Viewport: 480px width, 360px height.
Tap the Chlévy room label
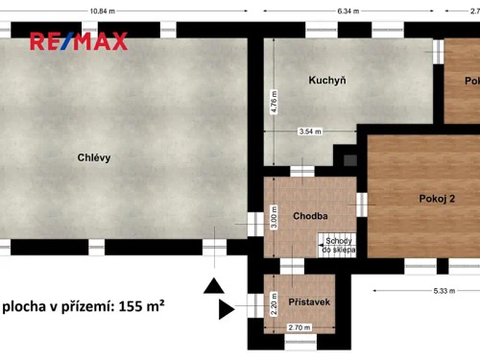(94, 158)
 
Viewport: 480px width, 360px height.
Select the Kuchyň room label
(326, 81)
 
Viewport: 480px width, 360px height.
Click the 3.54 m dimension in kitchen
(310, 131)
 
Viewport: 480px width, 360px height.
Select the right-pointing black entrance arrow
(227, 309)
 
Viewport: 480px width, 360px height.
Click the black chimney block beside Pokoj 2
(348, 157)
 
